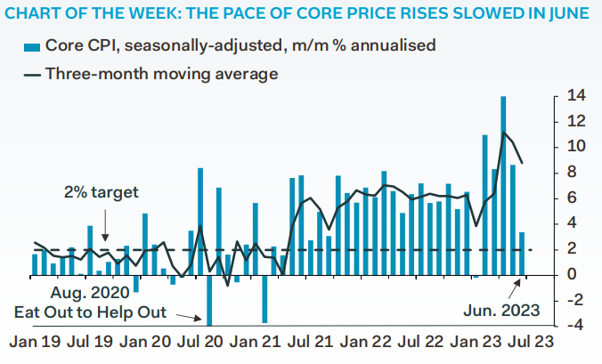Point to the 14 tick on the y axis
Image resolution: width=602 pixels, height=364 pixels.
pos(571,95)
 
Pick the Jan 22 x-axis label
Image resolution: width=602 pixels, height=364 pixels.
pos(363,340)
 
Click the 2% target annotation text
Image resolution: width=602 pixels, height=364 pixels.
pos(102,191)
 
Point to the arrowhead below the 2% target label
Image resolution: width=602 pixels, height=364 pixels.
pos(106,238)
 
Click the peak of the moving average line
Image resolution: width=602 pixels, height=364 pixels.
pos(504,133)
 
